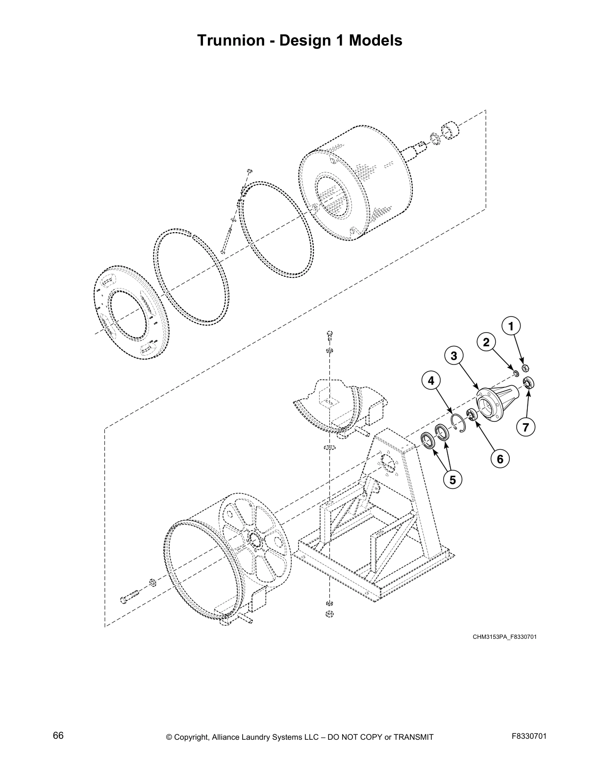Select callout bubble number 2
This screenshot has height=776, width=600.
[486, 342]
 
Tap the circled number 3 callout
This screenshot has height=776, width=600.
[454, 356]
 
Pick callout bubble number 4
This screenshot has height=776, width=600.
[431, 380]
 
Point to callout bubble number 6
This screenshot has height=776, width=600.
[500, 459]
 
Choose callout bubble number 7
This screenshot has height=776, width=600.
[525, 427]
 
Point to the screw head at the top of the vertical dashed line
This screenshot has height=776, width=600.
[329, 335]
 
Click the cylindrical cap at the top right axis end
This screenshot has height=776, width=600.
[450, 131]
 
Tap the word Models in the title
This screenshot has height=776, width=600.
[375, 40]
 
